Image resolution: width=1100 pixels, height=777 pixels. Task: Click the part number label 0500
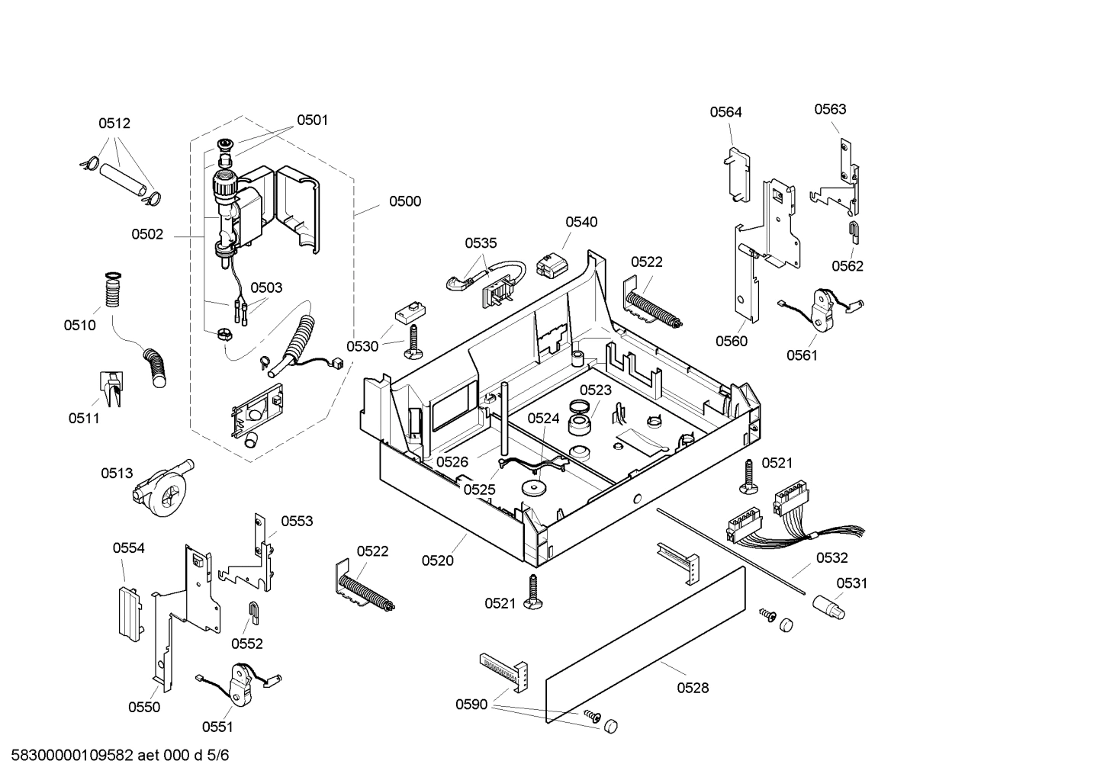coord(404,201)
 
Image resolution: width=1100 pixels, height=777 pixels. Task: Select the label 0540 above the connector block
coord(581,222)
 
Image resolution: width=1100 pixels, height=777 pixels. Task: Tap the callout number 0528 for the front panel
coord(693,688)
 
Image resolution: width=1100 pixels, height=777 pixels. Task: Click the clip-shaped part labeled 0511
coord(110,387)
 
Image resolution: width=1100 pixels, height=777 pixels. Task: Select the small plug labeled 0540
coord(552,266)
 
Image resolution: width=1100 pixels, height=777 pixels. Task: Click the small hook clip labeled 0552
coord(252,611)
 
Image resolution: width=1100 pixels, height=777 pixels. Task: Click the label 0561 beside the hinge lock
coord(802,355)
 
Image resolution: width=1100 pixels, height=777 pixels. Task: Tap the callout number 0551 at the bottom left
coord(217,727)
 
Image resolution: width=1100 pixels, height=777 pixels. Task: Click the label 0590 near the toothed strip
coord(471,705)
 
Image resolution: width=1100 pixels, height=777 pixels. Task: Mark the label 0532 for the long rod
coord(831,558)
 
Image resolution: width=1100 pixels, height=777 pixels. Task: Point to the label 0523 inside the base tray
coord(596,390)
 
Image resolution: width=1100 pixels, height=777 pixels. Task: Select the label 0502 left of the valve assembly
coord(147,234)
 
